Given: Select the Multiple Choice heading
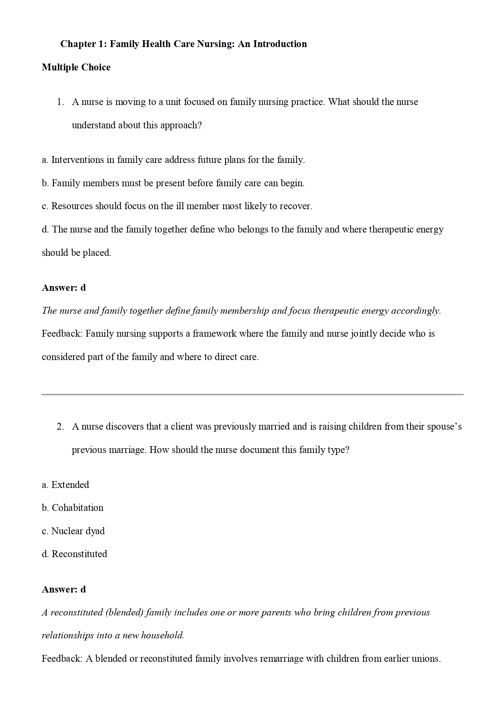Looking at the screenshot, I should click(x=76, y=67).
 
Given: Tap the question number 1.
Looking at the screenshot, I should click(x=60, y=102).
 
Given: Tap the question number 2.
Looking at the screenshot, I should click(x=60, y=427).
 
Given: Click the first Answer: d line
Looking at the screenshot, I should click(x=64, y=288).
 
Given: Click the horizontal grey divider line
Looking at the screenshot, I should click(x=253, y=395).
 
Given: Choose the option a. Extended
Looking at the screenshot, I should click(x=66, y=485).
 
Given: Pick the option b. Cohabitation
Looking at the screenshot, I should click(x=73, y=508).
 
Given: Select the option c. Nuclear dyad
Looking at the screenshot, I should click(x=73, y=531).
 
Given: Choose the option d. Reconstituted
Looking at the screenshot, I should click(x=74, y=554).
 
